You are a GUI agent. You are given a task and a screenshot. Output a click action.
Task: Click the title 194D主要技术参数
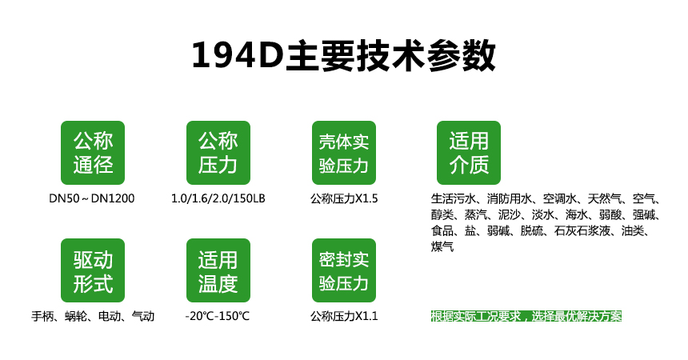point(343,56)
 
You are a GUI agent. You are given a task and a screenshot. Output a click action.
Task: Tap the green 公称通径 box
point(93,153)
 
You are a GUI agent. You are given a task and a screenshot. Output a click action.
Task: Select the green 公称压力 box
point(218,153)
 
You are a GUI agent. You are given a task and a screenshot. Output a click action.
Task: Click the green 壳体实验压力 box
point(343,153)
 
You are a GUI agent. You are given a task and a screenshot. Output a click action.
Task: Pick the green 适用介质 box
point(469,153)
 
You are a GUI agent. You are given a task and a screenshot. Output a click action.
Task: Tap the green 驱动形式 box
point(93,270)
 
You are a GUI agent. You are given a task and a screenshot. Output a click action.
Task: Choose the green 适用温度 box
point(218,270)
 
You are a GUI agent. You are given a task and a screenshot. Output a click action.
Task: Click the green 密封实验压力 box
point(343,270)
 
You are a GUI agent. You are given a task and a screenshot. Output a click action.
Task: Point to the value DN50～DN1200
point(92,198)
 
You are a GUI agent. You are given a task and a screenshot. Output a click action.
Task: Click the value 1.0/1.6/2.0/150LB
point(218,198)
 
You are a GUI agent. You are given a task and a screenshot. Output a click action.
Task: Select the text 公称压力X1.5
point(344,199)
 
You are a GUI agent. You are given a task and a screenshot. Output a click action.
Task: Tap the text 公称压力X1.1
point(344,316)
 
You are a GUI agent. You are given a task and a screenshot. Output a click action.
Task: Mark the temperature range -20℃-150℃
point(217,316)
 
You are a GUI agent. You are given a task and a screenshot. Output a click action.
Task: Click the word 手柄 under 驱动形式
point(42,316)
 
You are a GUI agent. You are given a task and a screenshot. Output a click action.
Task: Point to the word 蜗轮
point(76,316)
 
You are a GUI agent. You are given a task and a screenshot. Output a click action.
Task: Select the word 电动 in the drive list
point(110,316)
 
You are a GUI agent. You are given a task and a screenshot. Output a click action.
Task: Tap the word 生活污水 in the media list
point(454,199)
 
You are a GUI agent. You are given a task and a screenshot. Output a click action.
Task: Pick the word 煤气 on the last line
point(442,246)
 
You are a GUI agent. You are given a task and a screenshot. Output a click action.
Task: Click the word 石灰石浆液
point(582,230)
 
